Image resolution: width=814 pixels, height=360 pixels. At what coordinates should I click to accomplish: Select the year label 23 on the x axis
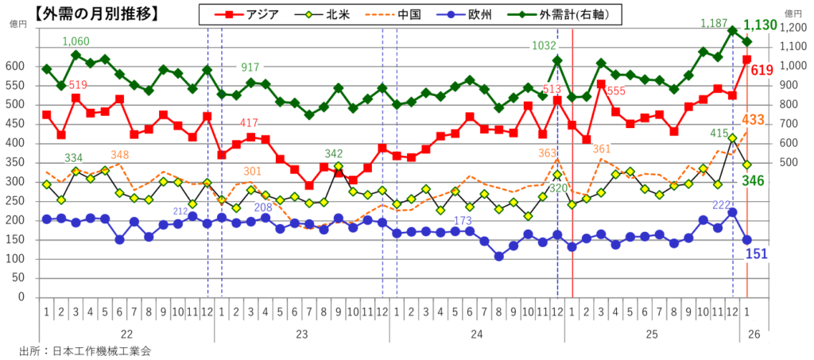point(302,335)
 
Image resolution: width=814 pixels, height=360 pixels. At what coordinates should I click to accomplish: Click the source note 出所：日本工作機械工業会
point(85,350)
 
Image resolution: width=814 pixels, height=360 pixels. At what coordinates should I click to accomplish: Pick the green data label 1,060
point(76,41)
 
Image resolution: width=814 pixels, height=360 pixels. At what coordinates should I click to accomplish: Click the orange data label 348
point(120,154)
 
